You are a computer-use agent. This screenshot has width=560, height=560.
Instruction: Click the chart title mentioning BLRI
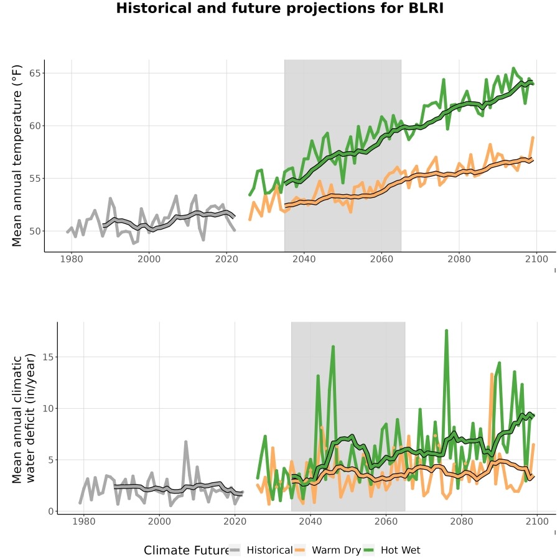tap(279, 9)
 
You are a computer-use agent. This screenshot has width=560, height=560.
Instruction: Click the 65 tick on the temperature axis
tap(34, 73)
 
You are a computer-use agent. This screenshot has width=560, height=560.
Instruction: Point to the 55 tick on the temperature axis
tap(34, 179)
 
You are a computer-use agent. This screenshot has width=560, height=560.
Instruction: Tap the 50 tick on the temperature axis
tap(34, 231)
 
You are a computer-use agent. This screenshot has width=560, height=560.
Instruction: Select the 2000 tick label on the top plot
tap(149, 259)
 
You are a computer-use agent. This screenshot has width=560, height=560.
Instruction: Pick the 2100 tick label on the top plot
tap(536, 259)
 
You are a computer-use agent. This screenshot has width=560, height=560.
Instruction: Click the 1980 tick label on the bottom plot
tap(84, 521)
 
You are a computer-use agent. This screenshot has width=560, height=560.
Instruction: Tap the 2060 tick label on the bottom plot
tap(386, 521)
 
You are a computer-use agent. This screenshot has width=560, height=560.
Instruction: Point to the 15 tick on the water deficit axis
tap(48, 357)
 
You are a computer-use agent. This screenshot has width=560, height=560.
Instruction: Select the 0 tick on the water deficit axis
tap(51, 511)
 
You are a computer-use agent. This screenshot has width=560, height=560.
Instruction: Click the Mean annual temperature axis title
tap(17, 156)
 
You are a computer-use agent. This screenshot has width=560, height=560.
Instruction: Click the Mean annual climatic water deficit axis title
tap(24, 418)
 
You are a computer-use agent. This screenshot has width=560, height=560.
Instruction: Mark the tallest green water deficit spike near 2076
tap(446, 331)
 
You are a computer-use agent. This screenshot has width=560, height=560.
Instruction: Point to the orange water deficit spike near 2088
tap(492, 375)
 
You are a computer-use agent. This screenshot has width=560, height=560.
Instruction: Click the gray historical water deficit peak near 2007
tap(186, 442)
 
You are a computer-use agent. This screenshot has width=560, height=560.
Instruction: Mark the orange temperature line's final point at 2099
tap(533, 138)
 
